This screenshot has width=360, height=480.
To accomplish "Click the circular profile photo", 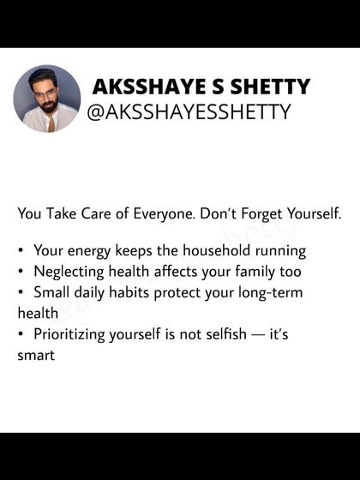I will coord(47,99).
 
